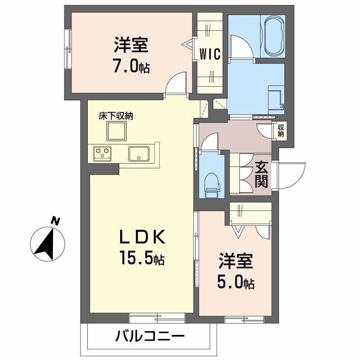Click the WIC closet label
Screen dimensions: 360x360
click(x=210, y=54)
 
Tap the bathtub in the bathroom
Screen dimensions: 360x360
click(x=274, y=36)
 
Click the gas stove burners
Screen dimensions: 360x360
click(x=103, y=153)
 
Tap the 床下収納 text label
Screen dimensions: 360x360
click(x=116, y=116)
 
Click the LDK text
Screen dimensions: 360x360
click(x=143, y=237)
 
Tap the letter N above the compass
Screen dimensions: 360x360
click(x=55, y=220)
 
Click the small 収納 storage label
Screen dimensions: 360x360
click(x=281, y=130)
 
